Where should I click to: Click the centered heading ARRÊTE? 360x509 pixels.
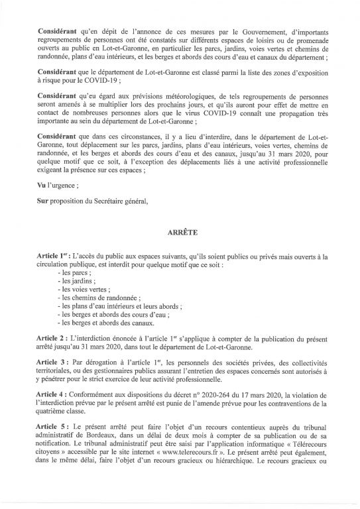coord(179,234)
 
